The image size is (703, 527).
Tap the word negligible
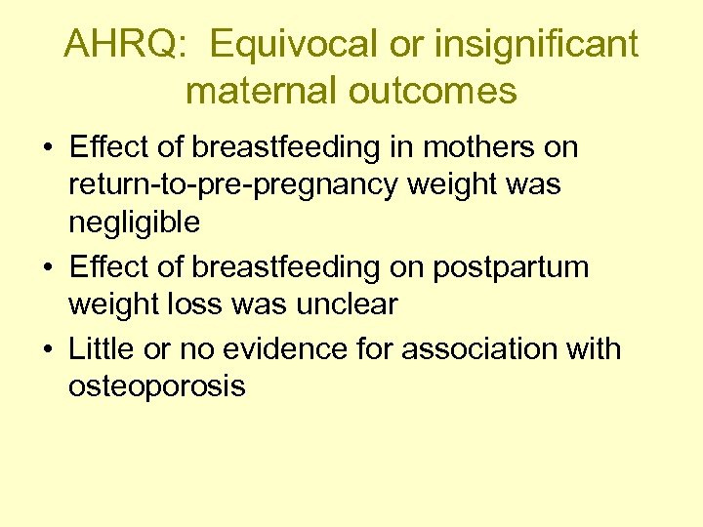134,222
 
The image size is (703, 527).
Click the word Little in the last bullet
101,348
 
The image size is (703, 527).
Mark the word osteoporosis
156,385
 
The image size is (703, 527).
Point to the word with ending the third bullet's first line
593,348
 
